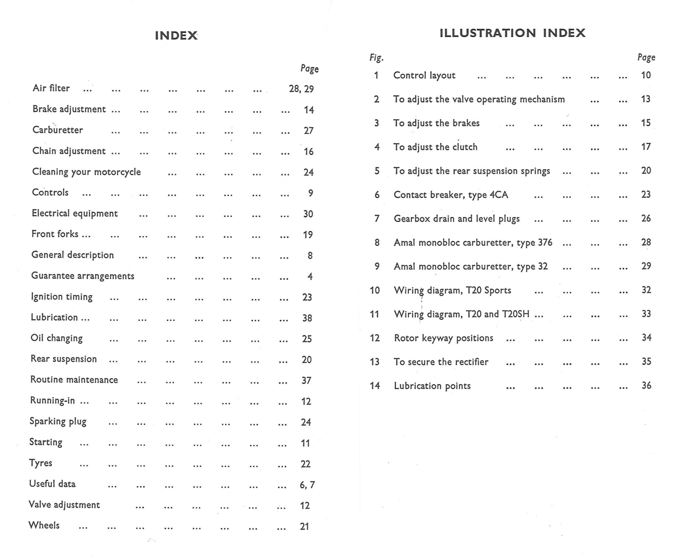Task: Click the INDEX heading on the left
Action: (176, 36)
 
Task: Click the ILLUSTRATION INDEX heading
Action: (512, 33)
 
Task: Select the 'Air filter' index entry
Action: (51, 88)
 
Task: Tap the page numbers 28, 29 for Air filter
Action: (301, 89)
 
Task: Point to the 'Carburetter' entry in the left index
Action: (58, 130)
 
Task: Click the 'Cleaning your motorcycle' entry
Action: (86, 172)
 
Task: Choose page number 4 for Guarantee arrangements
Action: (310, 276)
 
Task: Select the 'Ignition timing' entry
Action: (62, 297)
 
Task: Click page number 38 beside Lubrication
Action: (307, 318)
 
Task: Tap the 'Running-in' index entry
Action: (52, 400)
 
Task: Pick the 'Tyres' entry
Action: (41, 463)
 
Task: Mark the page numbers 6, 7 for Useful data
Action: (307, 485)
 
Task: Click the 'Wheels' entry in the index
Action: (44, 525)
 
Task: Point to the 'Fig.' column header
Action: (376, 58)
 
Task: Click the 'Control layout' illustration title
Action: (424, 75)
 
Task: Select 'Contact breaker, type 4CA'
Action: (450, 195)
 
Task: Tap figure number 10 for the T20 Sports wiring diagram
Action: (375, 290)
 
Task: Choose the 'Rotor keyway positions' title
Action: (443, 338)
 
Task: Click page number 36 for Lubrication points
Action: (646, 386)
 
